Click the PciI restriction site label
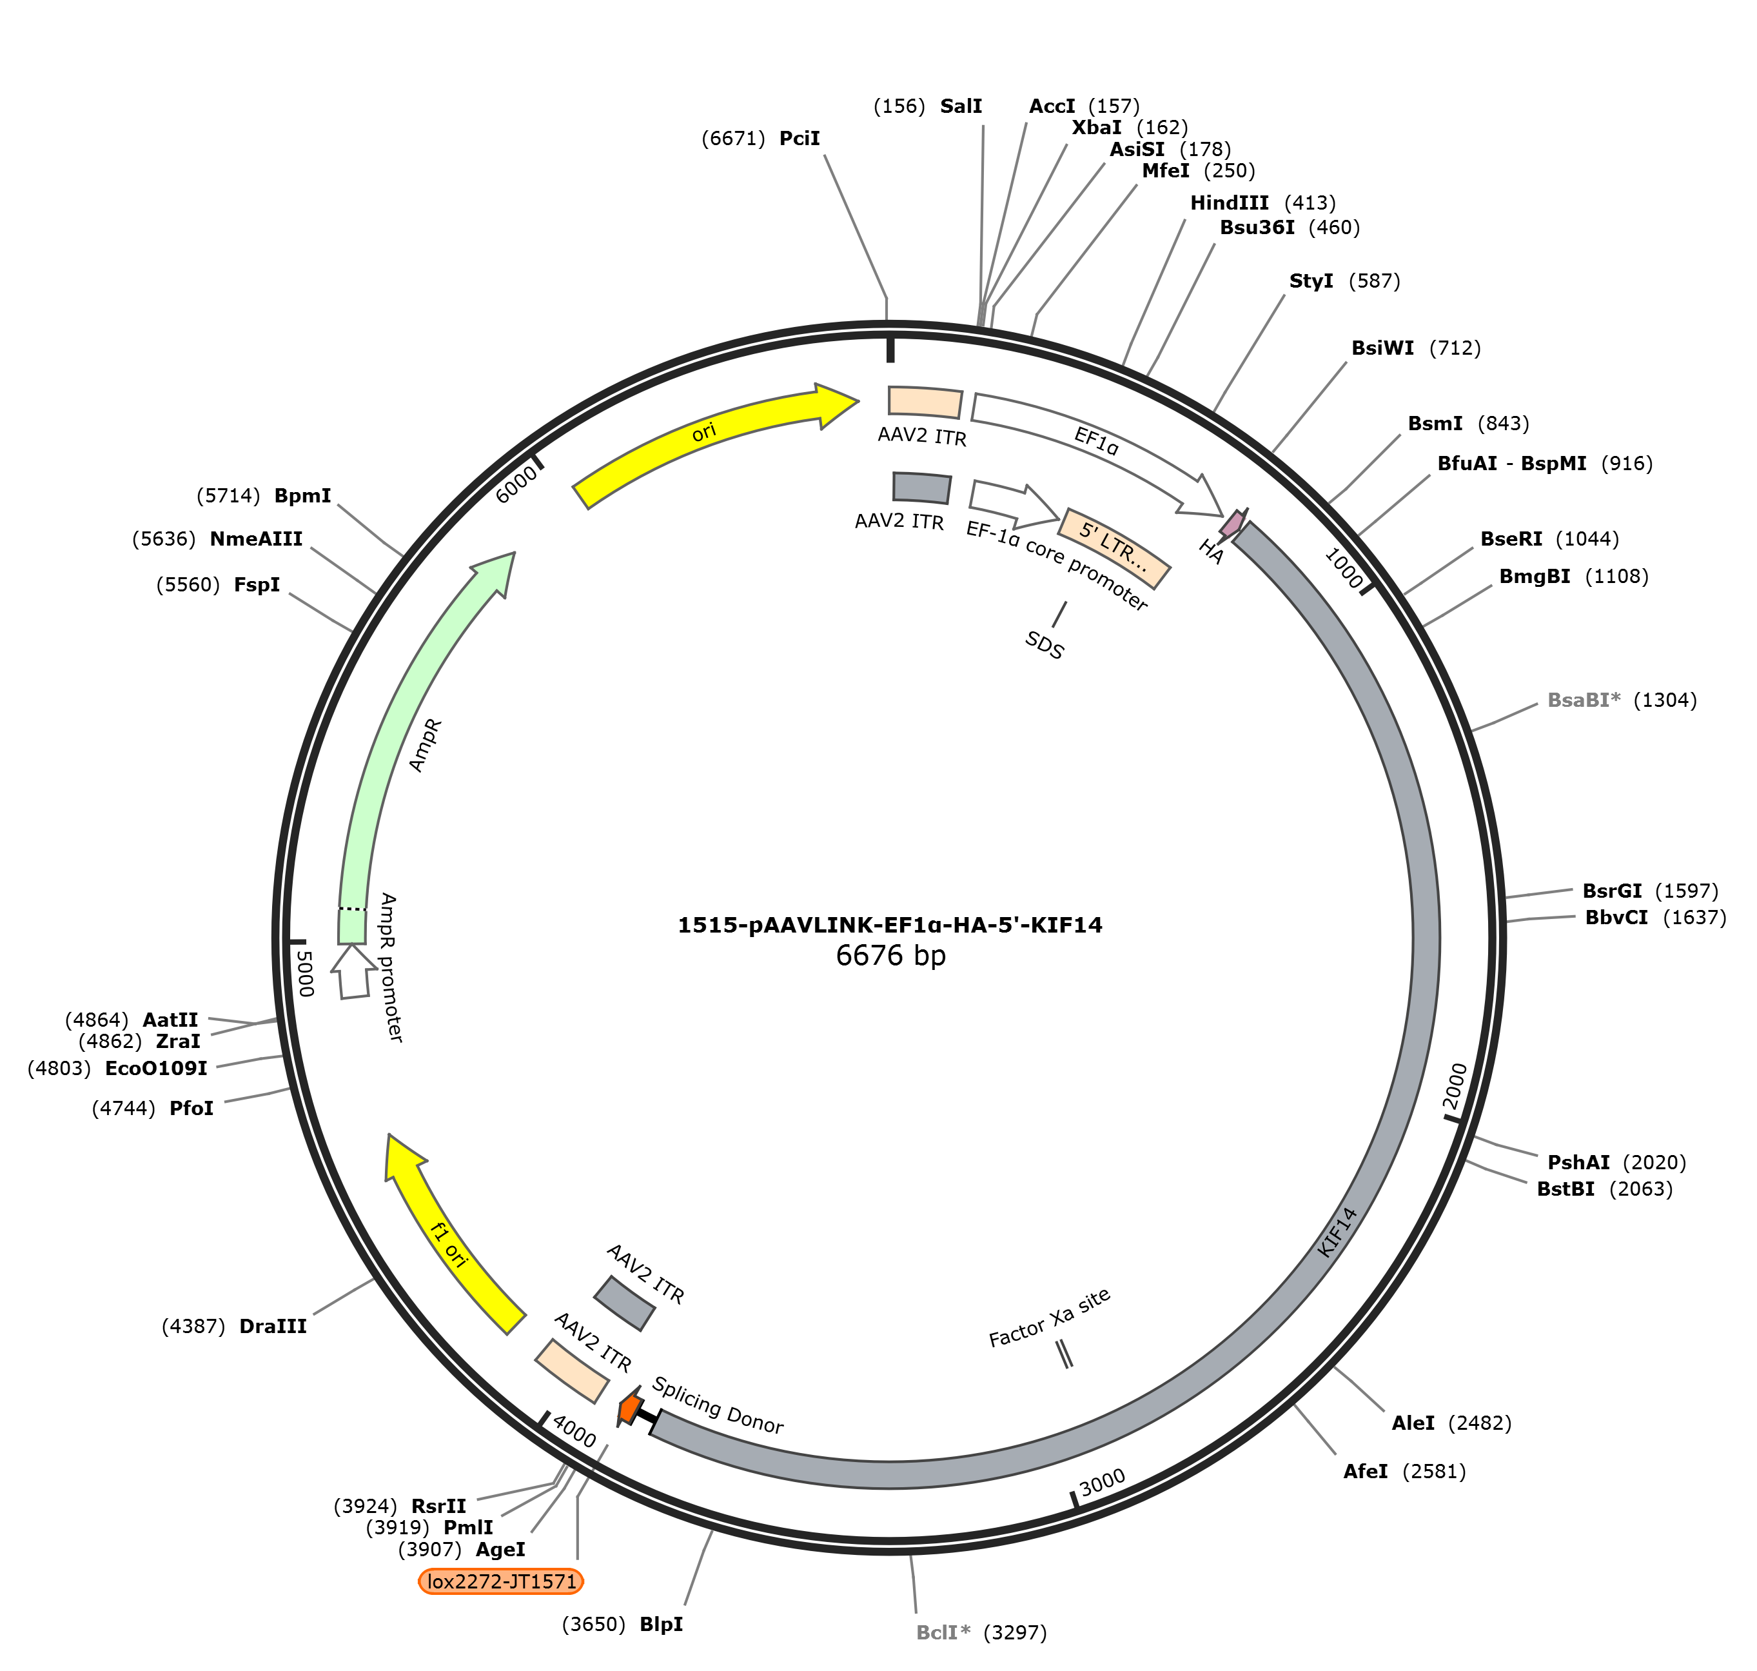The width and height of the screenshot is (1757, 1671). pyautogui.click(x=799, y=138)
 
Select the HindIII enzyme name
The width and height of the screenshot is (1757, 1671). pyautogui.click(x=1229, y=203)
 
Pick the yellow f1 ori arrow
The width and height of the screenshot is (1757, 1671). pyautogui.click(x=446, y=1238)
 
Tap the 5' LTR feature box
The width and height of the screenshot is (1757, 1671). pyautogui.click(x=1114, y=548)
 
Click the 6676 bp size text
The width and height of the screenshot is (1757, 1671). pyautogui.click(x=890, y=956)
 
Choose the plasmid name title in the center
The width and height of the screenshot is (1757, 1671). pyautogui.click(x=890, y=925)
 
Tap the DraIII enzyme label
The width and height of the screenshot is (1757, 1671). pyautogui.click(x=273, y=1327)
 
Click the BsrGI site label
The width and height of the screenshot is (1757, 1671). pyautogui.click(x=1612, y=891)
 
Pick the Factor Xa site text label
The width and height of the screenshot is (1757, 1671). pyautogui.click(x=1050, y=1318)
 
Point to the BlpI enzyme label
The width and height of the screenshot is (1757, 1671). pyautogui.click(x=661, y=1624)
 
